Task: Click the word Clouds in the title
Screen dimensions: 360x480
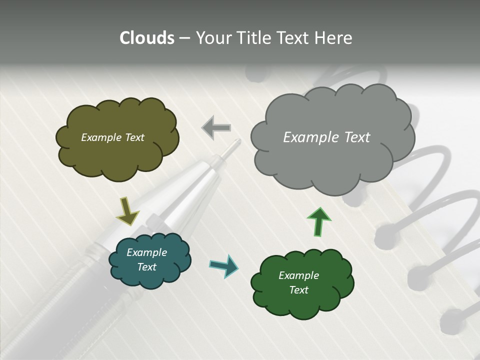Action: pyautogui.click(x=147, y=38)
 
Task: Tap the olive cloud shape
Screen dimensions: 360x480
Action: pyautogui.click(x=117, y=150)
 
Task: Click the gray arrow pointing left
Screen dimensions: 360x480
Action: pyautogui.click(x=216, y=128)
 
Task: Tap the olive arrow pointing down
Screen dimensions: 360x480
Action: pyautogui.click(x=127, y=210)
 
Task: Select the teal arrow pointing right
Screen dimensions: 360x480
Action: pyautogui.click(x=224, y=265)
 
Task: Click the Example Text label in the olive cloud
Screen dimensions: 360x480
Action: pyautogui.click(x=112, y=137)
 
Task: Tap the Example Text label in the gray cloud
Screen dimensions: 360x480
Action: pyautogui.click(x=326, y=137)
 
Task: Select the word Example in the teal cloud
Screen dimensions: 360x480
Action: pyautogui.click(x=146, y=252)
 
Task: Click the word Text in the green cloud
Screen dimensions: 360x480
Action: pyautogui.click(x=298, y=290)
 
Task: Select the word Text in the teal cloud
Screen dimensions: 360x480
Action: pyautogui.click(x=146, y=267)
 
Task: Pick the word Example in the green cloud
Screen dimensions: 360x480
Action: pyautogui.click(x=298, y=275)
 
